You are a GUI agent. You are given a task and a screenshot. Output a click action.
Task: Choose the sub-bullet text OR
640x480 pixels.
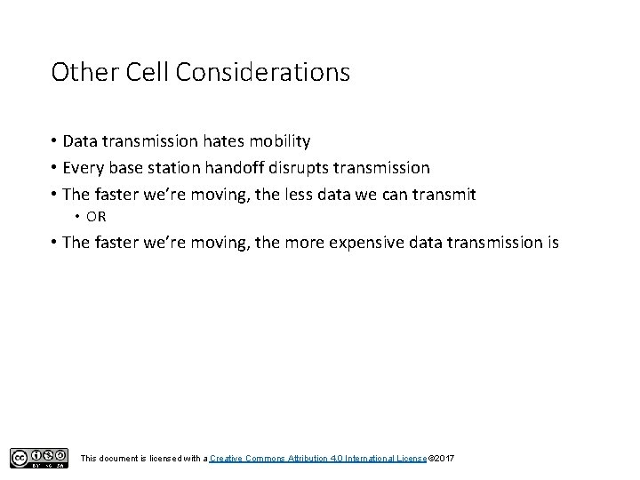pos(96,216)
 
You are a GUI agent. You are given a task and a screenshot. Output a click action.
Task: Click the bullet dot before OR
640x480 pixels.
pos(78,216)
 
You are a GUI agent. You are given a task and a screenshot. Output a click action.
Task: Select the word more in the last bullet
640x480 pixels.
pos(301,242)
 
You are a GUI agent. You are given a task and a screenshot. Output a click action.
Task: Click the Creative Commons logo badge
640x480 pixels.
pos(39,458)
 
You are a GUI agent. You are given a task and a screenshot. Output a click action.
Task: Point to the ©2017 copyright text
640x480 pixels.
pos(442,458)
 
